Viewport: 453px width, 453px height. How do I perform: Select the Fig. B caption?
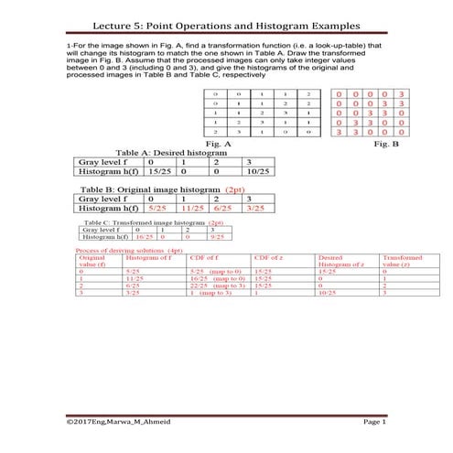(x=401, y=144)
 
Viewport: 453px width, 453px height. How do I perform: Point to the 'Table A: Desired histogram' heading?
(x=166, y=152)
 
